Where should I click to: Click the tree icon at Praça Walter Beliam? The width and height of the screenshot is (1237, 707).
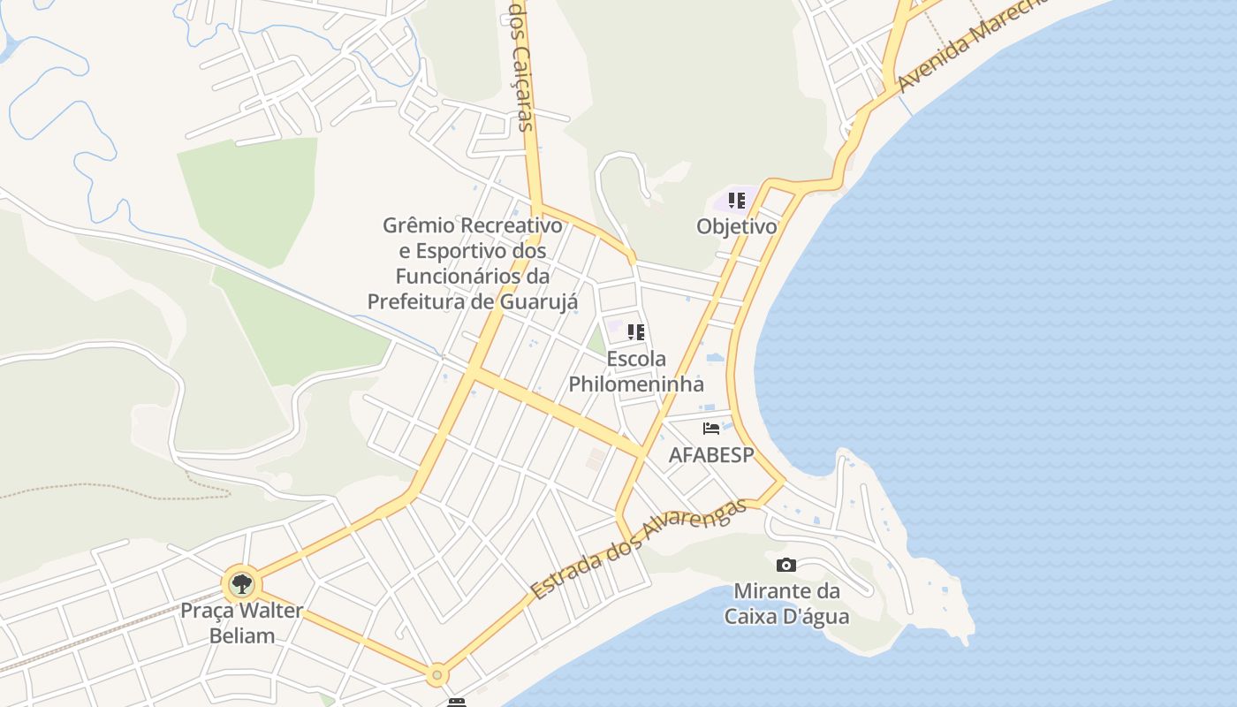[241, 583]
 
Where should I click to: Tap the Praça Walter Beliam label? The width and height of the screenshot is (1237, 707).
[242, 623]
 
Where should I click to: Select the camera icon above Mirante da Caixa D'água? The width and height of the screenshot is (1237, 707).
[785, 566]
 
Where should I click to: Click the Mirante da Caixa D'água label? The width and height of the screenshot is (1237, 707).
[786, 604]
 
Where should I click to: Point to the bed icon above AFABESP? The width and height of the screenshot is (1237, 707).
[711, 429]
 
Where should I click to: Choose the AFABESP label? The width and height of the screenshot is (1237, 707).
[711, 455]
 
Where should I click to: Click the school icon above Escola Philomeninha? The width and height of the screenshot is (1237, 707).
[636, 332]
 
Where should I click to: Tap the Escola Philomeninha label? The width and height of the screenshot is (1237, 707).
[636, 372]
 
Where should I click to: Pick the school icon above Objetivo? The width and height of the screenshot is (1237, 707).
[736, 200]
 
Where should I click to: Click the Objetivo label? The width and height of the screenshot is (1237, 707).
[736, 226]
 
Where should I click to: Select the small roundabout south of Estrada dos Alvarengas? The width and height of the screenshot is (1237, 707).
[436, 675]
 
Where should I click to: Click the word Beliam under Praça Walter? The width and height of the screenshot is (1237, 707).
[242, 635]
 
